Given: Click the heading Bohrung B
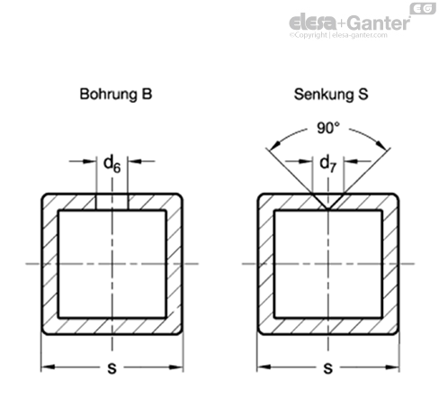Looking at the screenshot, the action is [116, 94].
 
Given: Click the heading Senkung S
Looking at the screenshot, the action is [331, 94].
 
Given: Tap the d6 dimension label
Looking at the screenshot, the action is [112, 164].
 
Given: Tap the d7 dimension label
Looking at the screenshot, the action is [328, 164].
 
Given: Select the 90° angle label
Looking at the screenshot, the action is [328, 128].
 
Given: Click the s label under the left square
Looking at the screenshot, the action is [112, 368].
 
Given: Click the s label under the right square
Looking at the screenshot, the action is [328, 368].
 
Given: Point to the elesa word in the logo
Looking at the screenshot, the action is [313, 22].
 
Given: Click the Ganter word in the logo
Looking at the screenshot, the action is [379, 23].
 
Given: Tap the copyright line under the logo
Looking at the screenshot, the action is [338, 35].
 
